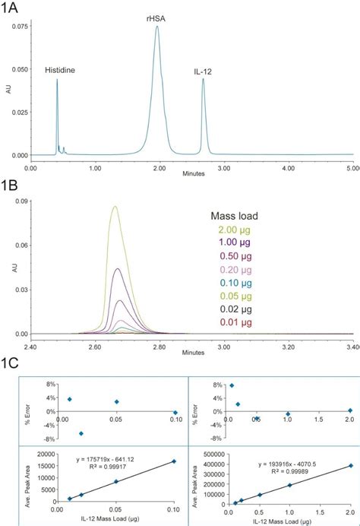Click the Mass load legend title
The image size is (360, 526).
(235, 216)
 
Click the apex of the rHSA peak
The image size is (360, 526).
(157, 27)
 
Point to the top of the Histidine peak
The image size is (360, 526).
(57, 79)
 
